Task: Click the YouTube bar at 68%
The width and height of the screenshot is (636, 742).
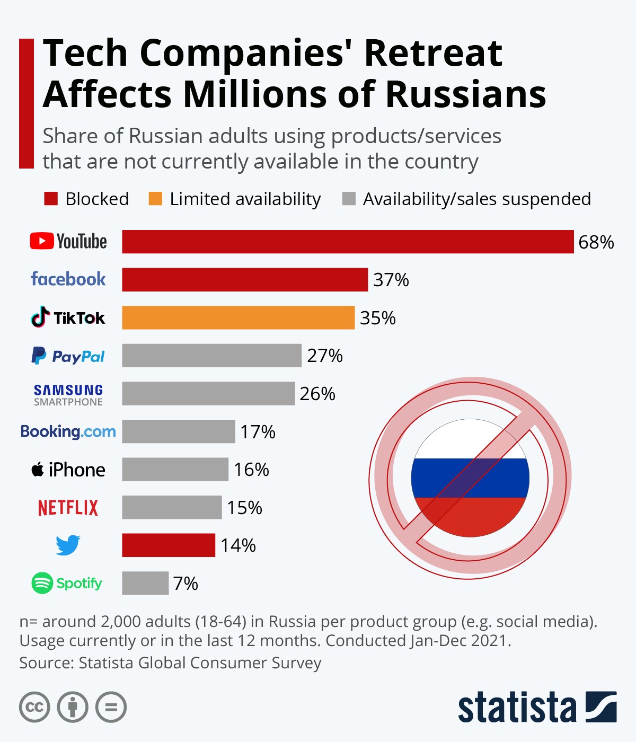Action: click(348, 242)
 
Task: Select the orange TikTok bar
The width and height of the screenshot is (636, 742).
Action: click(238, 317)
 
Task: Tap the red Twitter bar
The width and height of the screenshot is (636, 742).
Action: click(169, 545)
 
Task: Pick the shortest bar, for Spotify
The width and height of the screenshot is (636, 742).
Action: click(145, 583)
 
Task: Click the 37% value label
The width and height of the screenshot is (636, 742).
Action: click(391, 280)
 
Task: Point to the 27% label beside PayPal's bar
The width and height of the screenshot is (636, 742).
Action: click(325, 356)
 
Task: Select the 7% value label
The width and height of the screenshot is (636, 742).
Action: click(185, 584)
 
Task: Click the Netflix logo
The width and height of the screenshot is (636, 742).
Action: click(68, 508)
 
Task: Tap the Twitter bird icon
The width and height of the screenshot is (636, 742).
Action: click(68, 545)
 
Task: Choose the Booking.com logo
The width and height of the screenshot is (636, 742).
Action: click(68, 431)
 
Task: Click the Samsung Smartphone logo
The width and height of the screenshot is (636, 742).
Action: click(68, 395)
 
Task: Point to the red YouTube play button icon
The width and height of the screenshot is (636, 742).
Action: click(42, 241)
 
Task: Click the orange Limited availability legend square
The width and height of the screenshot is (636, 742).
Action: click(155, 199)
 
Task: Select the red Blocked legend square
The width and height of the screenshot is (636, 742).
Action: click(51, 199)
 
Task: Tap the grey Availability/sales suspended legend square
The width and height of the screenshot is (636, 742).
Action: click(349, 199)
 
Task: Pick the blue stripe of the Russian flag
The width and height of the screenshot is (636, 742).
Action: click(470, 478)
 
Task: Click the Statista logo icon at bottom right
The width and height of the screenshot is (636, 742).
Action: click(601, 706)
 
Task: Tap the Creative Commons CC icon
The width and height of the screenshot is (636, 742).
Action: click(34, 707)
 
